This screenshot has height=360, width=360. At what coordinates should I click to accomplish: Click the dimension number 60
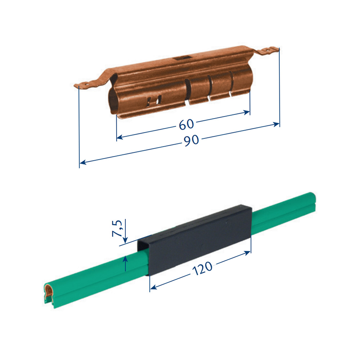(186, 124)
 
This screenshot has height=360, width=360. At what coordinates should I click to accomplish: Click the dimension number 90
(191, 140)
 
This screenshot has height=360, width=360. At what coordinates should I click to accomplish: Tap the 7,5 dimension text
(117, 229)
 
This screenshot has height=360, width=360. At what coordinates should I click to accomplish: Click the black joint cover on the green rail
(195, 239)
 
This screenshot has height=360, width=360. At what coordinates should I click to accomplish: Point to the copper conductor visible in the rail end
(49, 292)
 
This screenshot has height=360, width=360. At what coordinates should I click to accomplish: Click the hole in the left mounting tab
(87, 85)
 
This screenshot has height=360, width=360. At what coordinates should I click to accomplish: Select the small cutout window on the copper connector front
(154, 100)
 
